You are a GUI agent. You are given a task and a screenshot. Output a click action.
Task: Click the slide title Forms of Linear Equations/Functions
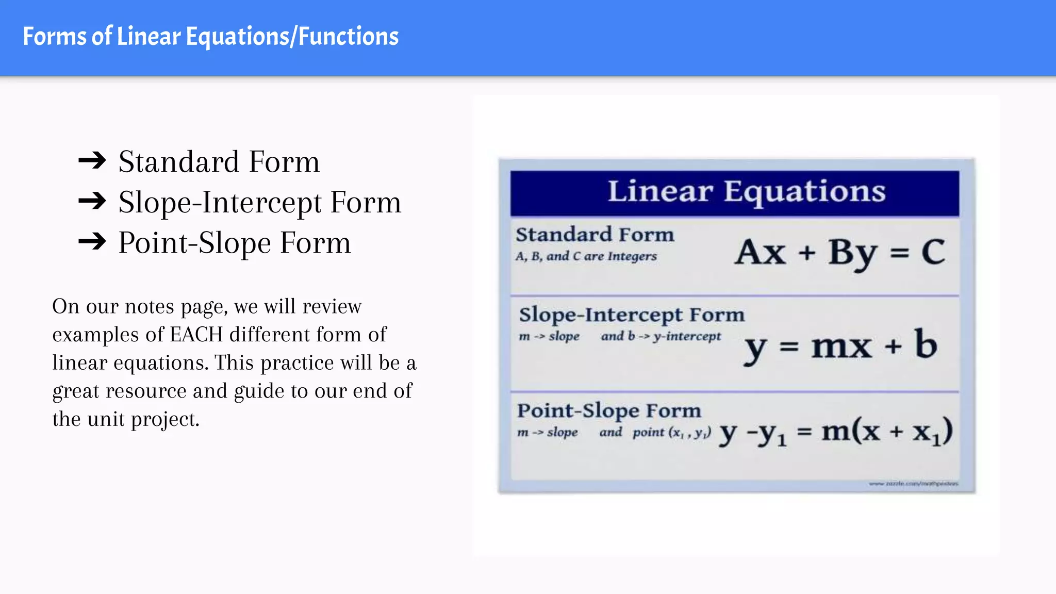(x=210, y=37)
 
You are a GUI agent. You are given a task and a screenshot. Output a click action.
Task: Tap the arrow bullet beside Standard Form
(x=92, y=161)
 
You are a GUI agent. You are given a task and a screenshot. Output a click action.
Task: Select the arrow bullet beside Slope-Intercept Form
(x=92, y=201)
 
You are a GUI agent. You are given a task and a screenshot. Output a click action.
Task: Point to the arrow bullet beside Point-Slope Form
(x=92, y=241)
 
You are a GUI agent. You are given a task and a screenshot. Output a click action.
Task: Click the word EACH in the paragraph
(x=196, y=335)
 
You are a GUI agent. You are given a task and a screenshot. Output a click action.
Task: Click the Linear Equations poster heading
(x=746, y=192)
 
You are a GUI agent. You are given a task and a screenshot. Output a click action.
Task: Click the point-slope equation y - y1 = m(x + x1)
(x=835, y=432)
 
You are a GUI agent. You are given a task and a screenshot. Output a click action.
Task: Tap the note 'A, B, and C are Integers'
(x=586, y=256)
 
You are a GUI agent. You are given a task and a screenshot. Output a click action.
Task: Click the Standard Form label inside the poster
(x=595, y=235)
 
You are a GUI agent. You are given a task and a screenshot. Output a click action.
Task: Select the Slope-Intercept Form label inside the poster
(x=632, y=315)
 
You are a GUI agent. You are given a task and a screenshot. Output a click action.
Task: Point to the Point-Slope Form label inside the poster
(x=609, y=411)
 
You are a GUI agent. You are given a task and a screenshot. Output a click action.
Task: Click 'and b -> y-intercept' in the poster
(x=661, y=337)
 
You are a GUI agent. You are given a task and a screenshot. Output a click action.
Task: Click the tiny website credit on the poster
(x=913, y=484)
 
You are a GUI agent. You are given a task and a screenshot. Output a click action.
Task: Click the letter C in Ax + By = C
(x=933, y=252)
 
